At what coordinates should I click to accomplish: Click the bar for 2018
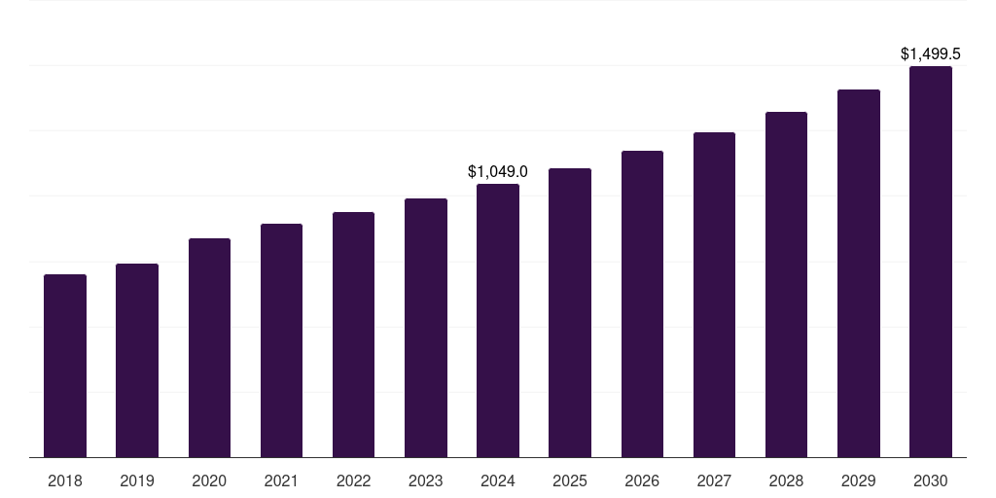[65, 366]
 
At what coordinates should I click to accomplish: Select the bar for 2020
[209, 347]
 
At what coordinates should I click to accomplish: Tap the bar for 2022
[353, 335]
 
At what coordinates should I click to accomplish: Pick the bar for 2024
[498, 320]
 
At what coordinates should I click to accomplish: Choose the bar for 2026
[642, 303]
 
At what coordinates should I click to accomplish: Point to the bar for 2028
[786, 284]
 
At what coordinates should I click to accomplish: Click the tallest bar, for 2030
[930, 262]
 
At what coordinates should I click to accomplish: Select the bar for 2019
[137, 360]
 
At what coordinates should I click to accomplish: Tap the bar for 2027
[714, 295]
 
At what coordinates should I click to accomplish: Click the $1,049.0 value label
[498, 172]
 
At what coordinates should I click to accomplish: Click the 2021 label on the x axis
[281, 480]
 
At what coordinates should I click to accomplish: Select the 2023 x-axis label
[425, 480]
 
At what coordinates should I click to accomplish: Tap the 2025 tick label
[570, 480]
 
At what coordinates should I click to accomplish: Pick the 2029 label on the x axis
[858, 480]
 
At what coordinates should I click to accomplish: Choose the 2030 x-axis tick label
[930, 480]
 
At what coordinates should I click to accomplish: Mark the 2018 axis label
[65, 480]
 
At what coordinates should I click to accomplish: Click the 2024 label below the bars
[498, 480]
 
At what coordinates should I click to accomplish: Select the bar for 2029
[858, 273]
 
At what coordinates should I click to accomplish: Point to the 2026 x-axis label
[642, 480]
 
